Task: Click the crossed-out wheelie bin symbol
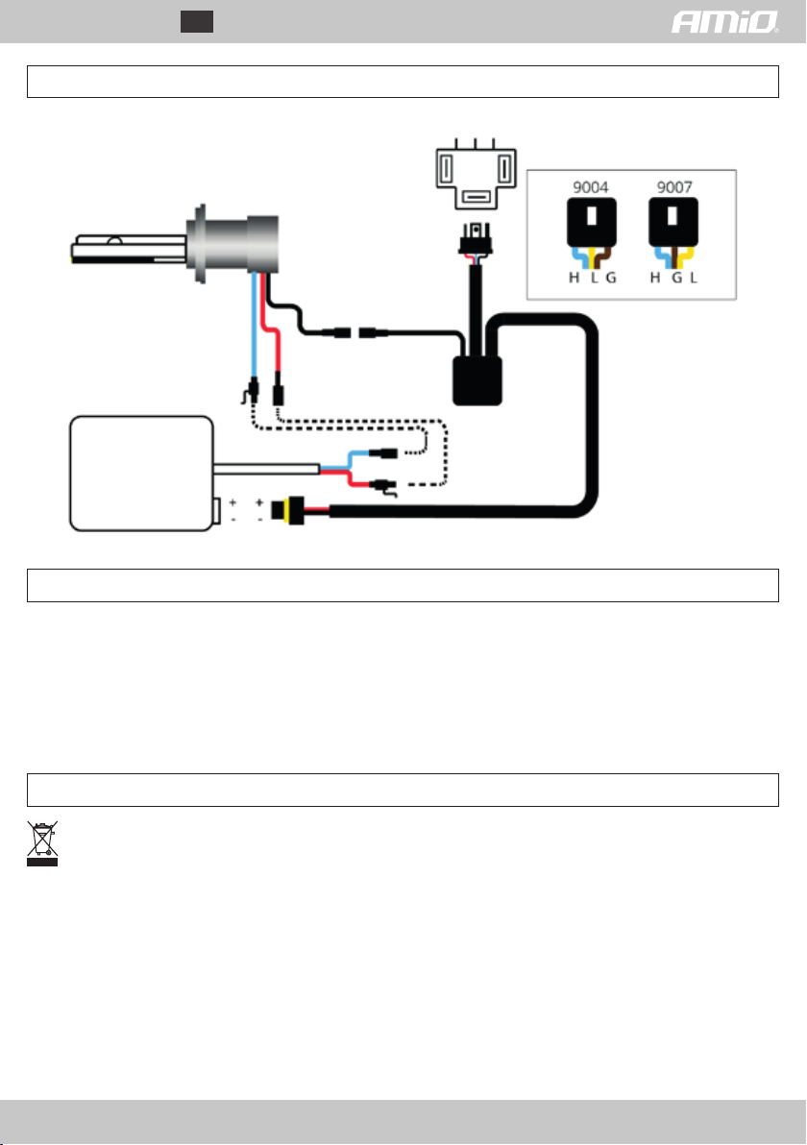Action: coord(42,842)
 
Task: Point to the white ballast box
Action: coord(139,473)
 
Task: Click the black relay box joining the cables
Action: coord(476,378)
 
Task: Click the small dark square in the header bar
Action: coord(197,22)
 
